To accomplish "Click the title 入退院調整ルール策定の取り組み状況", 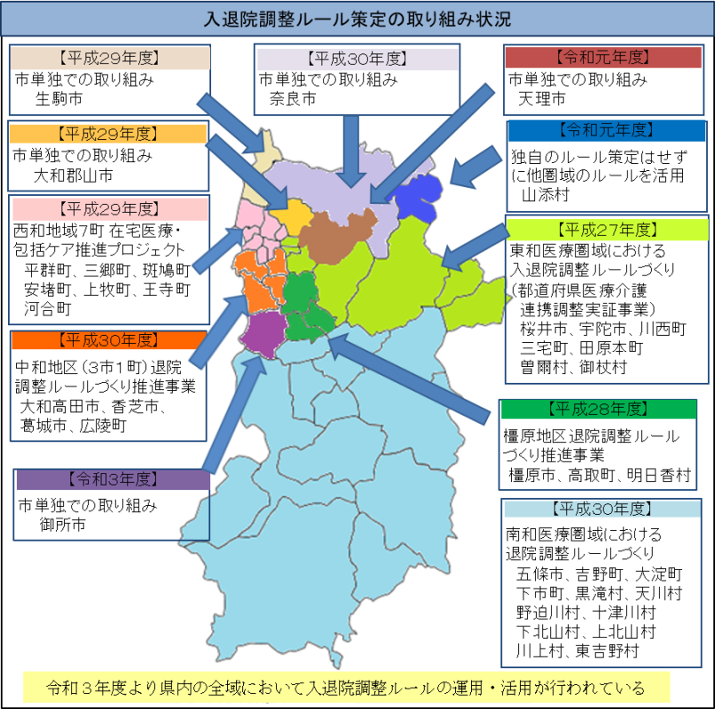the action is point(357,18).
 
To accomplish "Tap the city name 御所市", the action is point(62,525).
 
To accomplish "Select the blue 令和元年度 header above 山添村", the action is point(606,131).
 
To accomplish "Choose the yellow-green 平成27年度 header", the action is point(606,228).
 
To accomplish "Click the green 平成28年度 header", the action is point(597,409).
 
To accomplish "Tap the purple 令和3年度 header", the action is point(112,479).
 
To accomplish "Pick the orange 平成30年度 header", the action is point(107,340).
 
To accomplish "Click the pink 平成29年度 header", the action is point(107,209).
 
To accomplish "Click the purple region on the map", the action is point(263,333).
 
